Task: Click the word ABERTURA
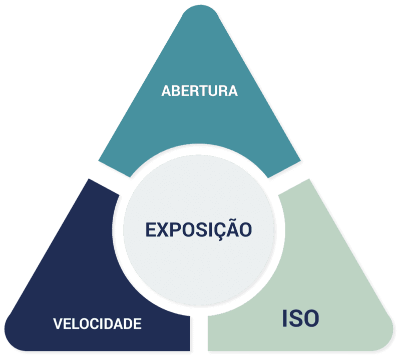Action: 200,91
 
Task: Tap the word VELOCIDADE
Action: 97,323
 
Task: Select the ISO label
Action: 300,318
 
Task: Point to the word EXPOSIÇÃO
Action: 198,229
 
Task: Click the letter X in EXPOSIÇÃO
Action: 165,229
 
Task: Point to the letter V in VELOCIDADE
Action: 58,323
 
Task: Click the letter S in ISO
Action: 295,318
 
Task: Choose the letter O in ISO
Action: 311,318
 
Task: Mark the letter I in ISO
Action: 285,318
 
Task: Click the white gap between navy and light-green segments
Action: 199,333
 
